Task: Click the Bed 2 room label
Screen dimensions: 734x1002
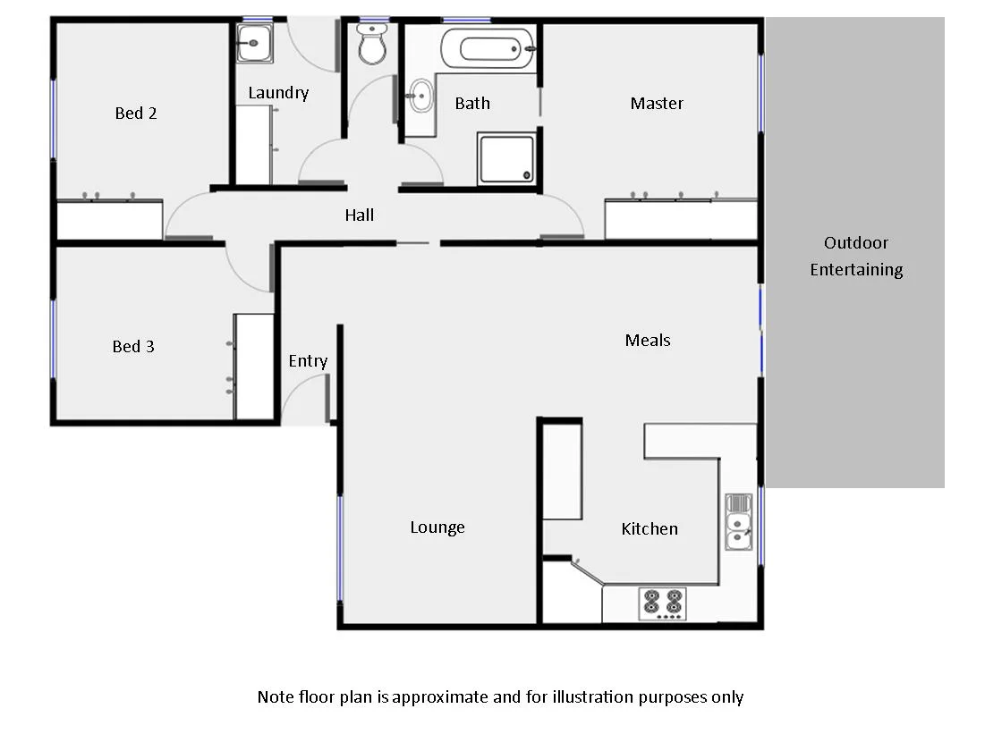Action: click(136, 114)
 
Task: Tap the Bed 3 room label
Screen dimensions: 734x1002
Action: click(133, 347)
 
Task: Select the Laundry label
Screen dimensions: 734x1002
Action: click(278, 93)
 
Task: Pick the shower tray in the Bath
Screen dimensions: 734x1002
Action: click(506, 158)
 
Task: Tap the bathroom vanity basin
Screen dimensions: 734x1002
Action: click(420, 94)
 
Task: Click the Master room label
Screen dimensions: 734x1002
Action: click(657, 104)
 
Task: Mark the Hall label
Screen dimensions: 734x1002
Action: click(360, 215)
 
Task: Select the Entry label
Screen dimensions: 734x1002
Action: click(308, 361)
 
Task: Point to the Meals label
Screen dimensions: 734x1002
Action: click(648, 341)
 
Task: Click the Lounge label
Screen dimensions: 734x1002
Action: click(437, 527)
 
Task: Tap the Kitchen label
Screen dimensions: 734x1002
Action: click(650, 529)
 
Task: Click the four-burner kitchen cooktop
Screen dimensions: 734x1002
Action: click(663, 603)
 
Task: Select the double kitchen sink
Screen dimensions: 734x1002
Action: click(738, 522)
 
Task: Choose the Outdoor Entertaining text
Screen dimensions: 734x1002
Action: click(856, 257)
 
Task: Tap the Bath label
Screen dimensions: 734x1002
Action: click(472, 104)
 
